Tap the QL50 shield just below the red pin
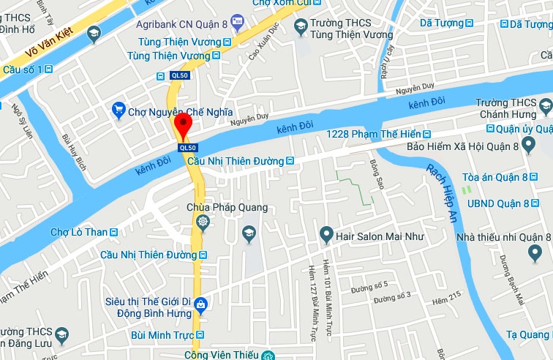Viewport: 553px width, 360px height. coord(188,148)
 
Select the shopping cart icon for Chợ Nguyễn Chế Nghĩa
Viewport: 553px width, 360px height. coord(118,111)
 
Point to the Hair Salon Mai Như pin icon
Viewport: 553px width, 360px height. coord(326,236)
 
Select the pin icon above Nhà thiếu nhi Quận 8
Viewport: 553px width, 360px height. coord(535,253)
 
